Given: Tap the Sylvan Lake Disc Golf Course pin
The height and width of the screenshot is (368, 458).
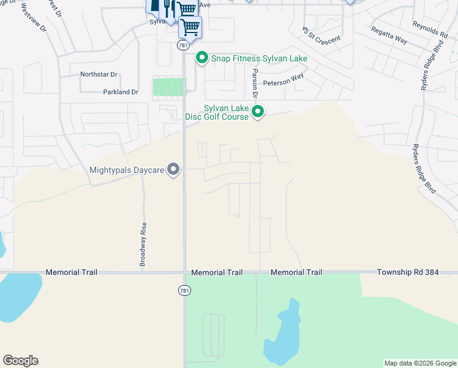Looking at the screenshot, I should [258, 112].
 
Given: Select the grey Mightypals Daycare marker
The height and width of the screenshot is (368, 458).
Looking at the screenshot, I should [174, 169].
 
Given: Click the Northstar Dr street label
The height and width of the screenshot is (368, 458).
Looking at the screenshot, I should [99, 75].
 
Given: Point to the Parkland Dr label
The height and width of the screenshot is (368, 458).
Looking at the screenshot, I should [121, 92].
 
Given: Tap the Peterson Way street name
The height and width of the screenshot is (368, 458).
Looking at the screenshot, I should [283, 81].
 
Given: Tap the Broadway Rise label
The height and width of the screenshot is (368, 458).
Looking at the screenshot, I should [143, 243].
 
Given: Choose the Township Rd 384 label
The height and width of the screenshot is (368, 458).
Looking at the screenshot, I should [408, 272].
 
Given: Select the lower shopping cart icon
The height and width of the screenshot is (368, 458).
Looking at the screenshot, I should [190, 26].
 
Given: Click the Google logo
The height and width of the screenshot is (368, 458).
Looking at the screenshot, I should [20, 361].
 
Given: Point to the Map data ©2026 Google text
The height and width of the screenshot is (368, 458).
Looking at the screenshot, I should [419, 363].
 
